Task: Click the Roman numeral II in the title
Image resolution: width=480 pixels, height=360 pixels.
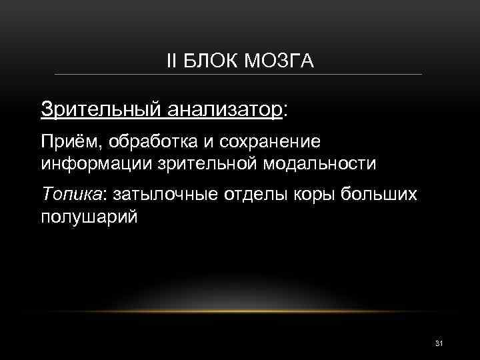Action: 172,62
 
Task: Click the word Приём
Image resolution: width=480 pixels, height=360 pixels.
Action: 65,142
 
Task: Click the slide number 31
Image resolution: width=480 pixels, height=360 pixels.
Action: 439,343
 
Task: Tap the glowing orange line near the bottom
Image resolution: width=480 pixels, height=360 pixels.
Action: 240,311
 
